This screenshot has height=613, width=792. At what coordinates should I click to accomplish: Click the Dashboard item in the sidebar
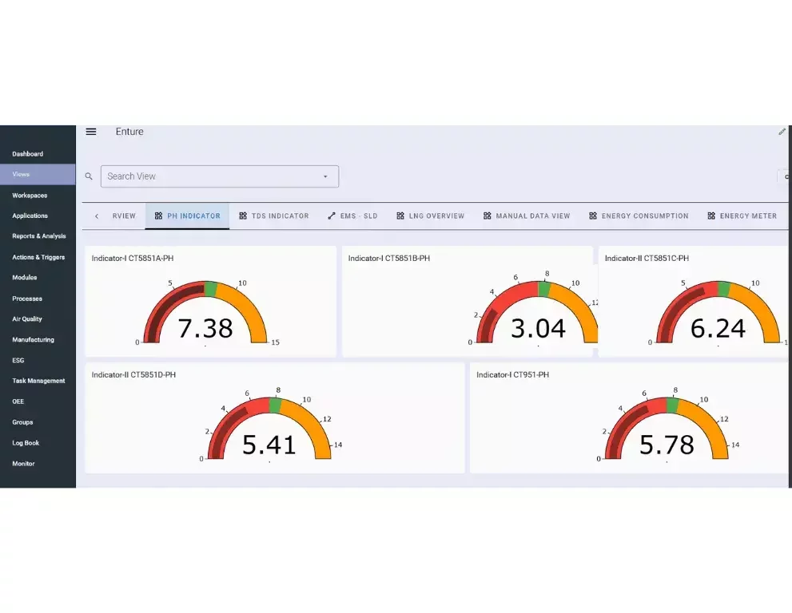(27, 154)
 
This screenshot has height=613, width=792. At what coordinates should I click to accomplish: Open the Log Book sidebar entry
(26, 443)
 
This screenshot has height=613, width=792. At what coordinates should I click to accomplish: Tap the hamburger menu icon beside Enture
(91, 132)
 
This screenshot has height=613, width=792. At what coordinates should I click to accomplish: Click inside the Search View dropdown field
(212, 176)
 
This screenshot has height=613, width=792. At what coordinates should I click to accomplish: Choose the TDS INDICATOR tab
(274, 216)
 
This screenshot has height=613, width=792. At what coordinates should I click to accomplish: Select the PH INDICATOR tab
(188, 216)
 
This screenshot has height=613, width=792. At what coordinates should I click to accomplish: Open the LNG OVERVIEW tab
(430, 216)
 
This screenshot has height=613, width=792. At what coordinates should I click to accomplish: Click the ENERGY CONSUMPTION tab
(639, 216)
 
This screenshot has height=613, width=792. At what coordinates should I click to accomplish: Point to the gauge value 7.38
(205, 328)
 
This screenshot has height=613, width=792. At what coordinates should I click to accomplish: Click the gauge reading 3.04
(538, 328)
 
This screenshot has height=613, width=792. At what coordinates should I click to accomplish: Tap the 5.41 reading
(269, 445)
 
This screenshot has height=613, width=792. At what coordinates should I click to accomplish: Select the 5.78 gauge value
(667, 445)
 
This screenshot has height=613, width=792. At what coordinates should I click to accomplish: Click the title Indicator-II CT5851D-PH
(133, 375)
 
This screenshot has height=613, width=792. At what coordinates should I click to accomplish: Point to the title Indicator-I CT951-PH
(512, 375)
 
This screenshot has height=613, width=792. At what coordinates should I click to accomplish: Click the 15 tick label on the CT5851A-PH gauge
(276, 342)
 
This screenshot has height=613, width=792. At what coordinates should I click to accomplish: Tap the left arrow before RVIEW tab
(97, 216)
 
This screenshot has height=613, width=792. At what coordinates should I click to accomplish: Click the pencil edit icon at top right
(782, 132)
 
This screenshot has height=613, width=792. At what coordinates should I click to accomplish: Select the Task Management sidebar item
(38, 381)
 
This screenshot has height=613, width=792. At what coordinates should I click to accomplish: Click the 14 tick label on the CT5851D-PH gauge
(338, 445)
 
